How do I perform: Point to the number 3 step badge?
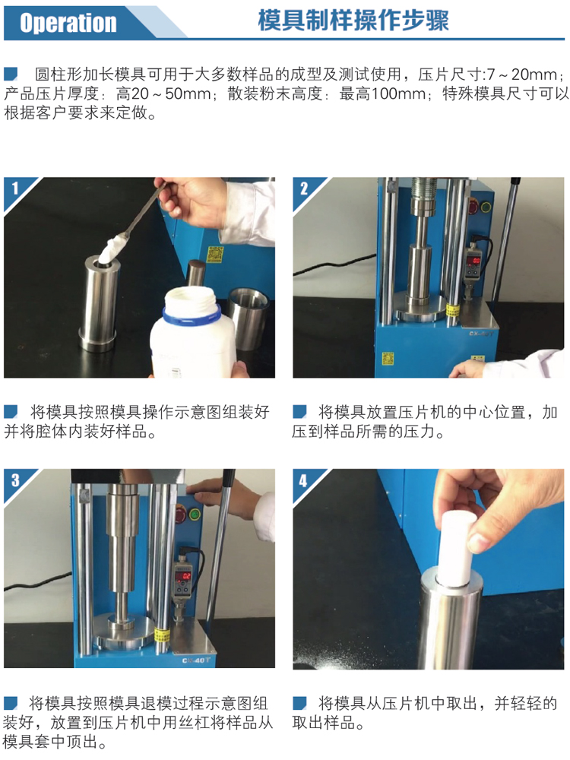14,480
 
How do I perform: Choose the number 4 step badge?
303,480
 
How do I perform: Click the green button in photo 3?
195,515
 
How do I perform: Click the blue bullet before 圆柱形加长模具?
11,74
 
